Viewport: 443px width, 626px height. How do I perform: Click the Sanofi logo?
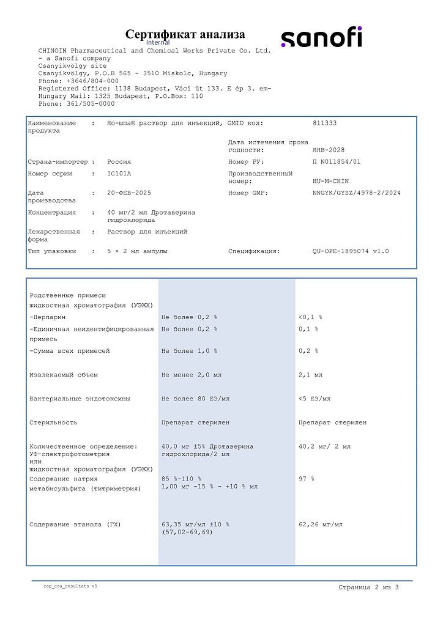click(321, 38)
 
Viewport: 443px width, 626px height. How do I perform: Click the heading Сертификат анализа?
click(185, 34)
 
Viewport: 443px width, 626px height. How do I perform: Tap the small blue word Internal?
click(158, 43)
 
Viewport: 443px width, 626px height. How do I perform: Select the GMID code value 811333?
click(324, 123)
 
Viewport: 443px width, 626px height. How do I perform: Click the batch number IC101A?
click(120, 174)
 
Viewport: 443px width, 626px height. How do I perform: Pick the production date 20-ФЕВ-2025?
click(129, 193)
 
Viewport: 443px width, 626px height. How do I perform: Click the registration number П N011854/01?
click(337, 162)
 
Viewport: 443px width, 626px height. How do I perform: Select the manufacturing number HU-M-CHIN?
click(330, 182)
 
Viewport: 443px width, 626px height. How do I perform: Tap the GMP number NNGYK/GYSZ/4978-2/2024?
click(357, 193)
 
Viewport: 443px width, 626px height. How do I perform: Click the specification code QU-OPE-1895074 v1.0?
click(351, 251)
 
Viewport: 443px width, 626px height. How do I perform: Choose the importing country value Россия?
click(119, 162)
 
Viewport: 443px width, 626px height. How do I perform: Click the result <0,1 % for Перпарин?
click(310, 318)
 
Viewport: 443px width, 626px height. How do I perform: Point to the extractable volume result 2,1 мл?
click(310, 375)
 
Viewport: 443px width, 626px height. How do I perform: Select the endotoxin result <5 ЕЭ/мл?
click(315, 399)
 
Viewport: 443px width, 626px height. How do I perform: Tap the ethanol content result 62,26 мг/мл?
click(320, 525)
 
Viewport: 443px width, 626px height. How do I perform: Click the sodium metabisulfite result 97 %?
click(306, 479)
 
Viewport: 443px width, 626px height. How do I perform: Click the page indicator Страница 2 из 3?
click(368, 587)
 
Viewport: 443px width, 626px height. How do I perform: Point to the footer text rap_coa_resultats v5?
click(70, 586)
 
